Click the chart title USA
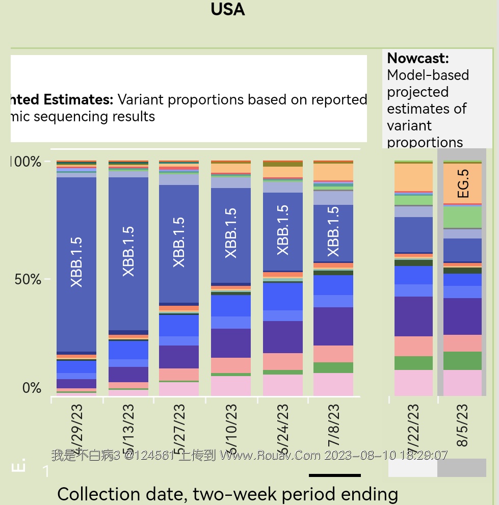227,9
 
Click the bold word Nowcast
417,58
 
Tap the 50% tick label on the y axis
28,279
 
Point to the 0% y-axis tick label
32,388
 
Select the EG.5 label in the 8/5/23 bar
463,183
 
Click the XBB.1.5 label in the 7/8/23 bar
333,231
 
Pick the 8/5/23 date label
463,425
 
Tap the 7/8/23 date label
333,425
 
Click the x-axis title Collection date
227,494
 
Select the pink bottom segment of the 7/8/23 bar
333,384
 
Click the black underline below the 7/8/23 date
334,475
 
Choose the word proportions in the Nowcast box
425,142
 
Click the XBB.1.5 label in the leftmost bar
76,261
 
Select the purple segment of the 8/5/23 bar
463,316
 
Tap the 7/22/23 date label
413,425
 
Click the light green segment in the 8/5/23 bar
463,217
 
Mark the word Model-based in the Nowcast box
428,75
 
